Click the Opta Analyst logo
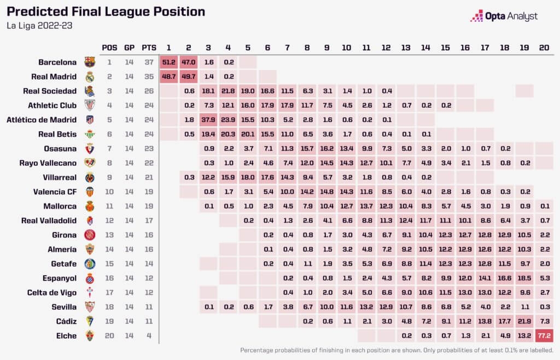504,16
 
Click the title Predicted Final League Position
106,11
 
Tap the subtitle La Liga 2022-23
39,26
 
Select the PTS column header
148,47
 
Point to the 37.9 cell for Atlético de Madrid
208,120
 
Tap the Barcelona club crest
90,62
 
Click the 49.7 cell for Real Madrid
189,77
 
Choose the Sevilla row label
62,306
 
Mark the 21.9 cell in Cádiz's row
523,321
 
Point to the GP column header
129,47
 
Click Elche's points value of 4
148,335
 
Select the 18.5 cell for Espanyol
523,278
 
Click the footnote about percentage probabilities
396,350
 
